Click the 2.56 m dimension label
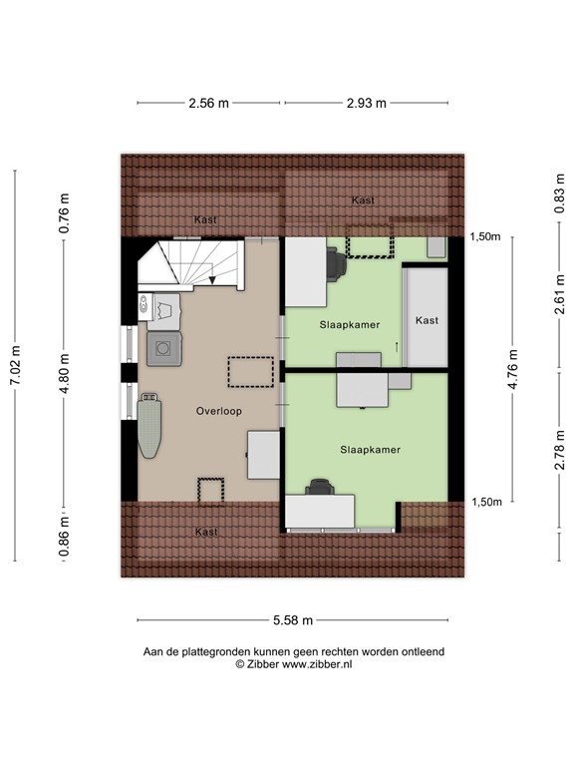[x=209, y=102]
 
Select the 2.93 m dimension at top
[x=367, y=102]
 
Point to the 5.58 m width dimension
[x=293, y=620]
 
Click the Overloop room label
[x=218, y=410]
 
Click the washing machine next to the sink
[x=161, y=348]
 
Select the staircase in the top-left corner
[x=193, y=263]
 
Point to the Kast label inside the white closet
[x=427, y=320]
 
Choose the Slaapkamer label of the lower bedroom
[x=370, y=450]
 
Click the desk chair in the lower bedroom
[x=320, y=487]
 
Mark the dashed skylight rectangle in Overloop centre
[x=251, y=371]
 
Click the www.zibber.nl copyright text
[x=293, y=663]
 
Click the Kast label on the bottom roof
[x=206, y=532]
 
